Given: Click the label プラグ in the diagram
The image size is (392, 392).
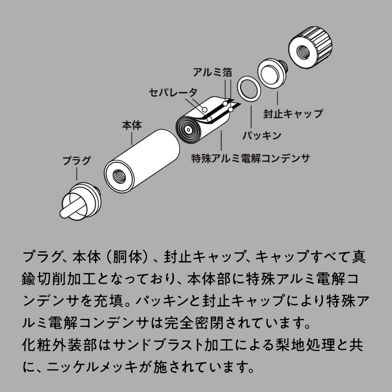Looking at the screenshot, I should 77,161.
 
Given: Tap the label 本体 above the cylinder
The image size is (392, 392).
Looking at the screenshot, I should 132,125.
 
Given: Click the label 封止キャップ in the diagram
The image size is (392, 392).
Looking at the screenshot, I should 293,114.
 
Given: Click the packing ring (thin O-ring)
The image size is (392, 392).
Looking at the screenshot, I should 248,89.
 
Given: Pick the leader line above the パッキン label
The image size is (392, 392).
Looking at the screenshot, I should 251,115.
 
